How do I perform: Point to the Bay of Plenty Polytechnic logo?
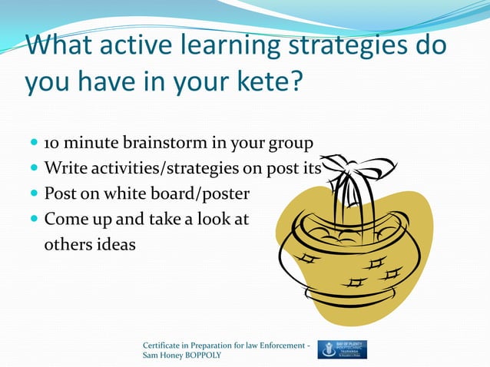coord(342,349)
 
